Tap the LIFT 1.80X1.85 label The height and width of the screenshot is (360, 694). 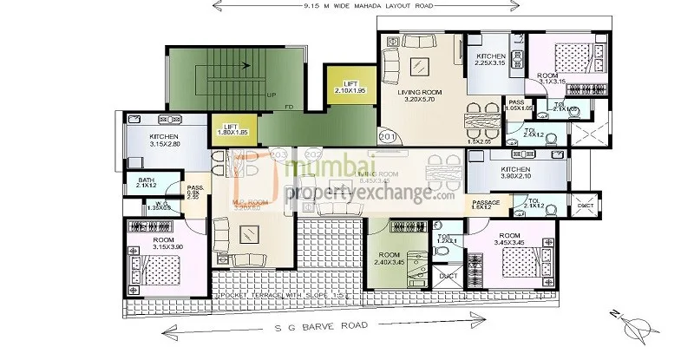point(232,129)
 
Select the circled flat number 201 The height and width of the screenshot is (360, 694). point(387,136)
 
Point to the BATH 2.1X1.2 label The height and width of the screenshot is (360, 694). point(145,182)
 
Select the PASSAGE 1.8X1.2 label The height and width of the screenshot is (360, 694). point(487,205)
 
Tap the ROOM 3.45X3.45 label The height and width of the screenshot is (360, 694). point(512,238)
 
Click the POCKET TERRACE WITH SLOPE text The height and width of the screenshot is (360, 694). point(261,296)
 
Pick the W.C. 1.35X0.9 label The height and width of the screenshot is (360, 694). point(133,206)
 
